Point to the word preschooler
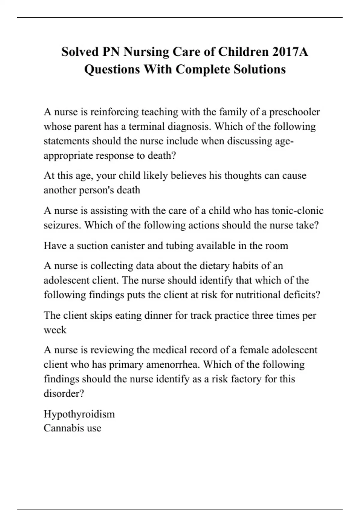click(294, 112)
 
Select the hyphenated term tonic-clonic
click(297, 211)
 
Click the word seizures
click(62, 225)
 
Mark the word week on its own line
click(55, 330)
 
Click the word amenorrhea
click(172, 364)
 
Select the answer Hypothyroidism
click(79, 414)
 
